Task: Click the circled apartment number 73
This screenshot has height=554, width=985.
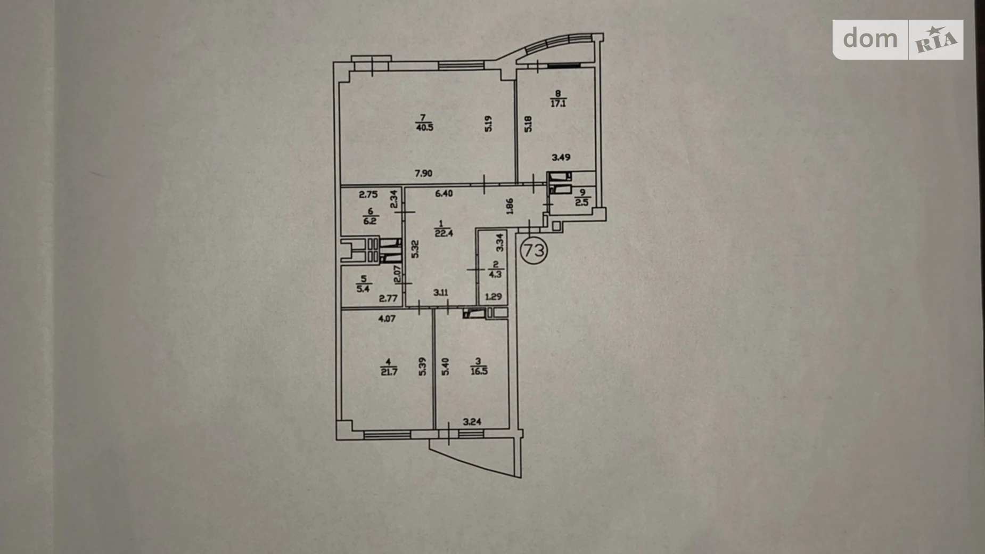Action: pyautogui.click(x=533, y=249)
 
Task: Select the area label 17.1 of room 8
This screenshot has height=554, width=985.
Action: pyautogui.click(x=557, y=103)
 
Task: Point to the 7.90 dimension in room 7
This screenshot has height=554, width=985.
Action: pyautogui.click(x=423, y=173)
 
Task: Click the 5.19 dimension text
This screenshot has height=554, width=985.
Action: pyautogui.click(x=488, y=124)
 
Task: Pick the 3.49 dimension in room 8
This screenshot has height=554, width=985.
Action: pyautogui.click(x=561, y=157)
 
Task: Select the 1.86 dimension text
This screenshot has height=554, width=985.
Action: pyautogui.click(x=510, y=206)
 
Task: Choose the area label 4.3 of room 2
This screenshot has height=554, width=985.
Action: pyautogui.click(x=495, y=274)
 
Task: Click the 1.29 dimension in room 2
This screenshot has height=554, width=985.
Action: pyautogui.click(x=494, y=297)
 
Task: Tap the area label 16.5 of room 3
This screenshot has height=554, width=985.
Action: pyautogui.click(x=479, y=372)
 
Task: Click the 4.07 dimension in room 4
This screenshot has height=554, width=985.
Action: pyautogui.click(x=387, y=320)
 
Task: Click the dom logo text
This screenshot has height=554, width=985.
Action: pyautogui.click(x=870, y=38)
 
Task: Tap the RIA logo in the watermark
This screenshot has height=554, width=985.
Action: pyautogui.click(x=936, y=39)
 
